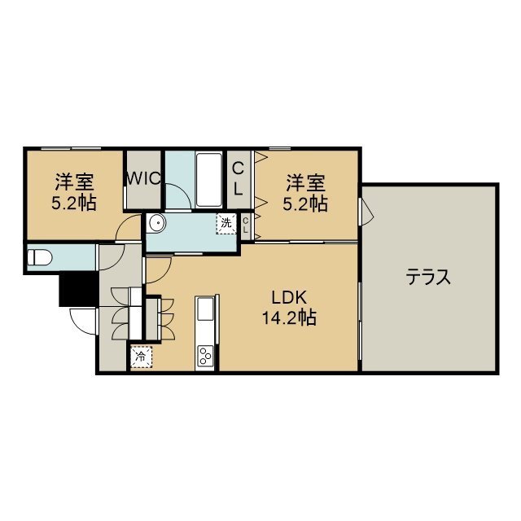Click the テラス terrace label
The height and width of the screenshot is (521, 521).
pyautogui.click(x=428, y=277)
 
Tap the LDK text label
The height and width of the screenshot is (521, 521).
pyautogui.click(x=289, y=298)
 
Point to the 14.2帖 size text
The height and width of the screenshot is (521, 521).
pyautogui.click(x=289, y=317)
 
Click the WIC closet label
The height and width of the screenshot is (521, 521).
pyautogui.click(x=144, y=179)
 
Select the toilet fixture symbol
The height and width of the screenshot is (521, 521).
pyautogui.click(x=40, y=257)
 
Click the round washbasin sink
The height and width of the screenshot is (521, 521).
pyautogui.click(x=156, y=223)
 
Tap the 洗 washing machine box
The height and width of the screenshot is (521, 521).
pyautogui.click(x=226, y=223)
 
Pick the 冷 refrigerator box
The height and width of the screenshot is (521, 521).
pyautogui.click(x=141, y=357)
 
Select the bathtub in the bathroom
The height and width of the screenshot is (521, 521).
pyautogui.click(x=209, y=180)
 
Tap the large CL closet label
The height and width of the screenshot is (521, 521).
pyautogui.click(x=238, y=179)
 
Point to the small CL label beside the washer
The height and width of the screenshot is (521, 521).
pyautogui.click(x=245, y=225)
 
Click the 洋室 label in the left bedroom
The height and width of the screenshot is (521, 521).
pyautogui.click(x=75, y=182)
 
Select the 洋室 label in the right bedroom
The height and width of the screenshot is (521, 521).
pyautogui.click(x=306, y=182)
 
